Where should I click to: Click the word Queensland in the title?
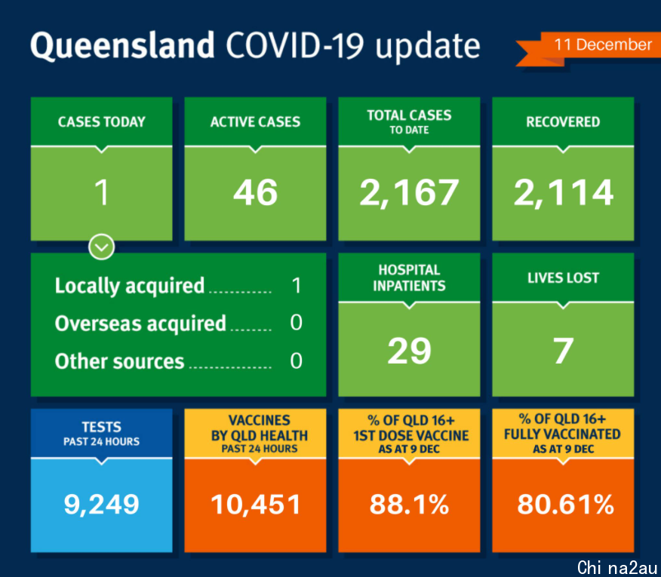[122, 45]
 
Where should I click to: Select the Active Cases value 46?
[256, 192]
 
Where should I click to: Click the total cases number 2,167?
[409, 192]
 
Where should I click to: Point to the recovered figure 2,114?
[563, 192]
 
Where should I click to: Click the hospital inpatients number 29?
[409, 351]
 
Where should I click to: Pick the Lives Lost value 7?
[563, 351]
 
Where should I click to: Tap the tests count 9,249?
[101, 505]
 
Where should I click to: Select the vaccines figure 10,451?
[256, 505]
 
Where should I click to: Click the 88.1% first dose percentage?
[409, 505]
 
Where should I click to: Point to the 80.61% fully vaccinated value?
[565, 505]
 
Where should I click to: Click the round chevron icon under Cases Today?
[102, 247]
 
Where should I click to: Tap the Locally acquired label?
[130, 286]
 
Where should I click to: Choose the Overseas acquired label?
[140, 324]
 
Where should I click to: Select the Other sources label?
[119, 361]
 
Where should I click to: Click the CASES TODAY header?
[102, 121]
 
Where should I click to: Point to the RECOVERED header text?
[563, 121]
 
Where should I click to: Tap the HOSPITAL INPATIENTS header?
[409, 278]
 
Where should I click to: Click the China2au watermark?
[616, 568]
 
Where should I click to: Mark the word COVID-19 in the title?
[295, 45]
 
